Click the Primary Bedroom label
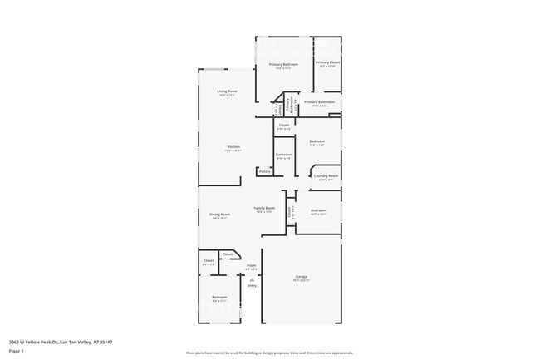283,64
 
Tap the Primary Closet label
327,62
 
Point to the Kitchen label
233,146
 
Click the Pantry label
264,171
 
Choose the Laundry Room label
326,175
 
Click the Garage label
301,276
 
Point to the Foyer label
251,265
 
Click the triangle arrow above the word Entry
251,280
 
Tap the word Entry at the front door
251,286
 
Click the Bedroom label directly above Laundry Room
317,141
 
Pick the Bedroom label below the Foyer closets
218,297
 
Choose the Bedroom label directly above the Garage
318,210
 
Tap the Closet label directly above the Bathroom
283,125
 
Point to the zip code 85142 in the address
106,342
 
